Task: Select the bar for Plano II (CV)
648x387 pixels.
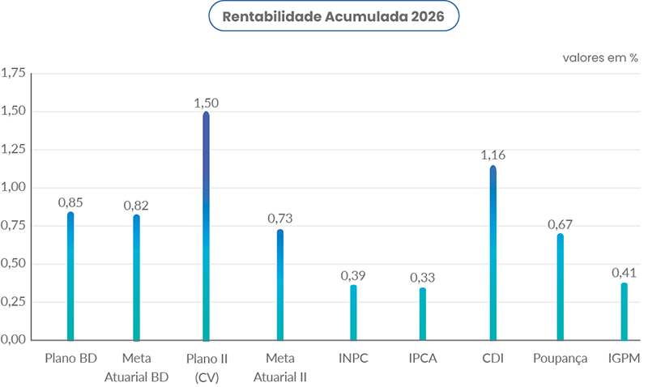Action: (206, 227)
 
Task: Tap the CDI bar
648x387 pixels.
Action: (492, 253)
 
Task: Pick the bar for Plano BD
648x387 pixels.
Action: (70, 275)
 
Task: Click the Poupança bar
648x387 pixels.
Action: (560, 287)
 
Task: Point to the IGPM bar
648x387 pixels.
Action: (624, 311)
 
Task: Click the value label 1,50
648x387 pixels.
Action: (206, 103)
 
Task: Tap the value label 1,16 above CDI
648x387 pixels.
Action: (492, 155)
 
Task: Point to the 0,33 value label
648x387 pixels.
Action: (422, 278)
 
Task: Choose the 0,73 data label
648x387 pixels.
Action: (280, 219)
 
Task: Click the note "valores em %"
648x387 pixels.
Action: (600, 58)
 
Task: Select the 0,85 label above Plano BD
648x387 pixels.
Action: (70, 202)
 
